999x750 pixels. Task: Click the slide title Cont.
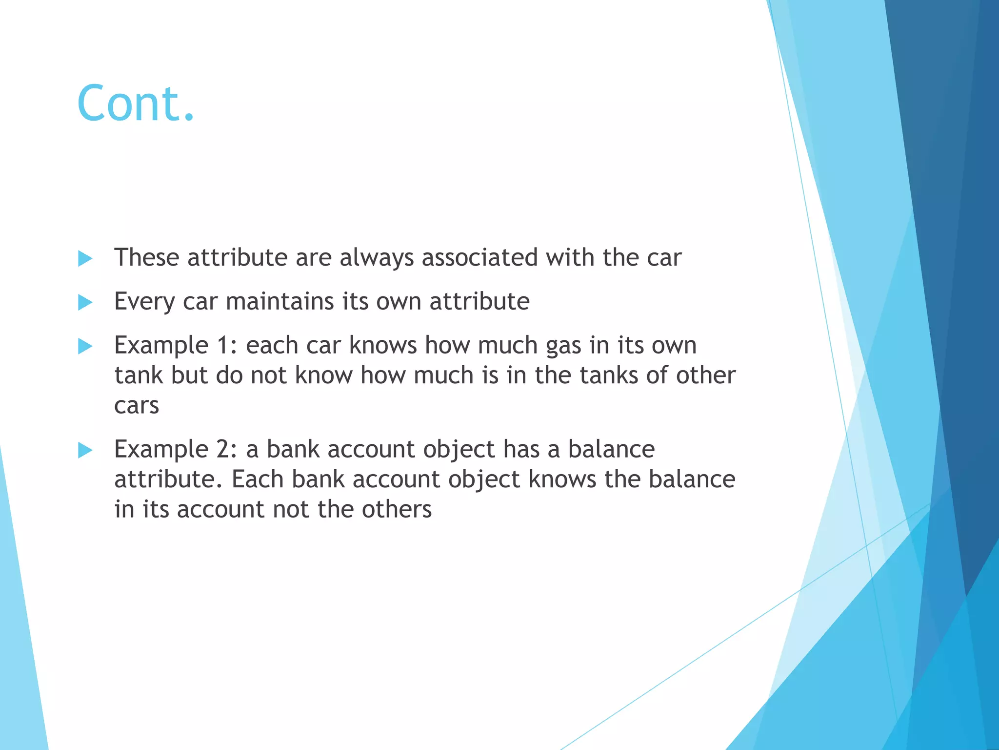point(136,103)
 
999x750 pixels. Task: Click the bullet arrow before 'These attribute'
point(85,258)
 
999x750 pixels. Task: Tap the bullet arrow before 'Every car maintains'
point(85,302)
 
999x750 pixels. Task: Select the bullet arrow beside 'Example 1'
point(85,346)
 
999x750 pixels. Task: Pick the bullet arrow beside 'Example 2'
point(85,450)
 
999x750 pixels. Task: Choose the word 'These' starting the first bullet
point(146,257)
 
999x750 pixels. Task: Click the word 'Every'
point(144,301)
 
